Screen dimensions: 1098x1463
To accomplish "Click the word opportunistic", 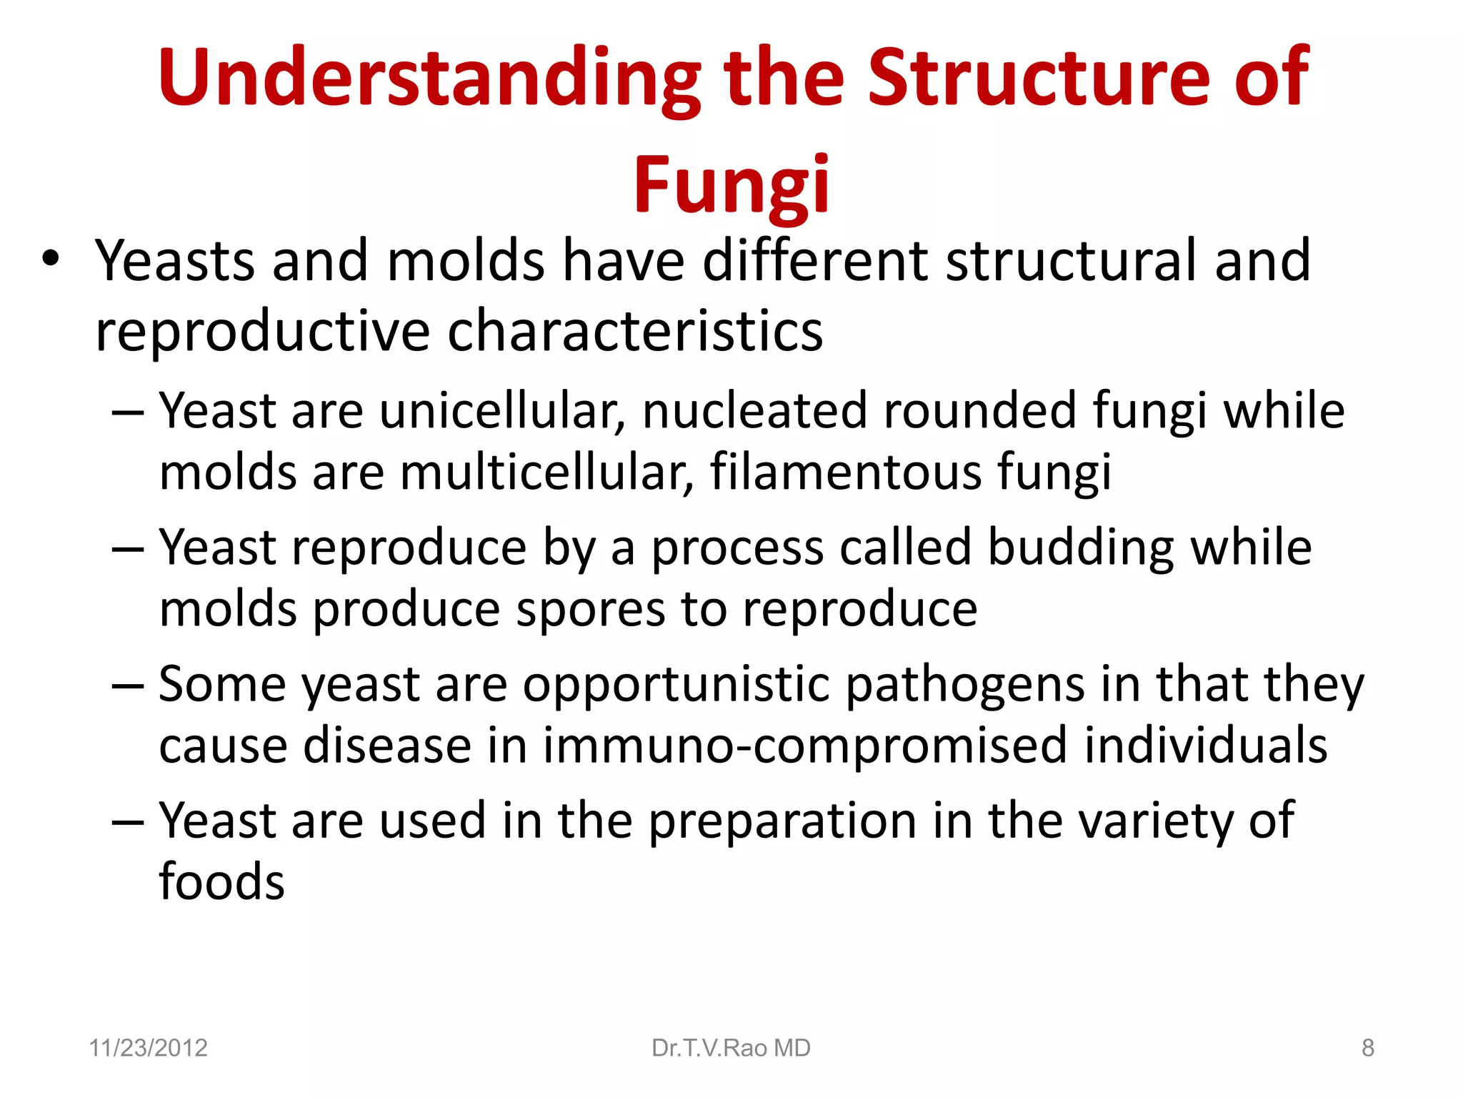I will coord(676,686).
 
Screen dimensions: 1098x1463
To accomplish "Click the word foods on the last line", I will coord(221,881).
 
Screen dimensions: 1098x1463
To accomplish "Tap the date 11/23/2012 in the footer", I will coord(148,1048).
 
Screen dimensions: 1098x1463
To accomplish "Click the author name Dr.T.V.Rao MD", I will coord(731,1048).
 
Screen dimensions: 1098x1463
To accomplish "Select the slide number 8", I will coord(1367,1048).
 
